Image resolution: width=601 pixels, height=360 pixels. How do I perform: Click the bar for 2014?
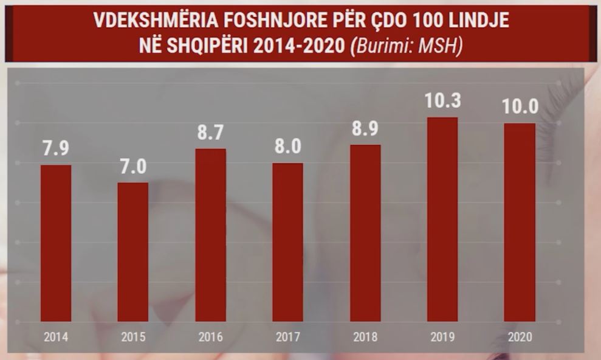click(56, 243)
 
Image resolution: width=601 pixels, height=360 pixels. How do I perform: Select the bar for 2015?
click(132, 252)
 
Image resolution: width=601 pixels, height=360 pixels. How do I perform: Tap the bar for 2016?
click(210, 235)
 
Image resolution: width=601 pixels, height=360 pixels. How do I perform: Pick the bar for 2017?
click(287, 242)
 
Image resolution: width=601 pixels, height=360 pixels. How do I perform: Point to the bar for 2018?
click(365, 233)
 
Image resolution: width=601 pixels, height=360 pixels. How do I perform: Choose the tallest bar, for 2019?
click(442, 219)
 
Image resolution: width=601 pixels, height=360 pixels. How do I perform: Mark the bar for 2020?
click(520, 222)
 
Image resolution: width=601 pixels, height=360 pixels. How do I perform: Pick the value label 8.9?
click(365, 130)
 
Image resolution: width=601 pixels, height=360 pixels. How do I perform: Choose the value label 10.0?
click(520, 107)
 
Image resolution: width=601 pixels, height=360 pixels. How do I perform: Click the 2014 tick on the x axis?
click(56, 337)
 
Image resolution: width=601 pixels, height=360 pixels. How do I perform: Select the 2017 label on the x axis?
click(287, 337)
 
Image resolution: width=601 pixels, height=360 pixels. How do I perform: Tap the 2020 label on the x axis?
click(520, 337)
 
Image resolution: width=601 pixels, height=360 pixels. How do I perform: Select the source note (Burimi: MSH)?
click(407, 46)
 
